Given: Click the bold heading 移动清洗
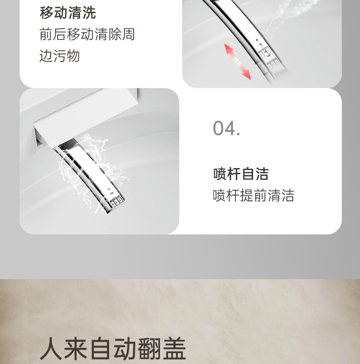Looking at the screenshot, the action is pos(68,12).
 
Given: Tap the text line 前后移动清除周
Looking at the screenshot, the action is pos(87,34).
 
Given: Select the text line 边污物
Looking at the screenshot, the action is pos(59,56).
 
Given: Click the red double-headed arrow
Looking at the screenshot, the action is pos(237,62).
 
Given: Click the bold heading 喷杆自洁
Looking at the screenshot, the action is pos(241,174).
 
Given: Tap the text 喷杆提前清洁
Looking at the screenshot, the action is pos(253,195).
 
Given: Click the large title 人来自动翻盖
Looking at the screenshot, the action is pos(113,349).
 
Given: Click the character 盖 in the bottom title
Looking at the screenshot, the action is pos(174,349).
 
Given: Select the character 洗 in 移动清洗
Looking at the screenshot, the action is pos(89,12).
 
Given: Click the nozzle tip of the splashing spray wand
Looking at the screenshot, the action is pos(115,204).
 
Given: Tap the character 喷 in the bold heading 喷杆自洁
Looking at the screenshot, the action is pos(220,174).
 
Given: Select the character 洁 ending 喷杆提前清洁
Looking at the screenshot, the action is pos(288,195).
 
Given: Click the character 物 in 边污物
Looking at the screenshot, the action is pos(73,56).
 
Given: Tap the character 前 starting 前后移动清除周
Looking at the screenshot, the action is pos(46,34).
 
